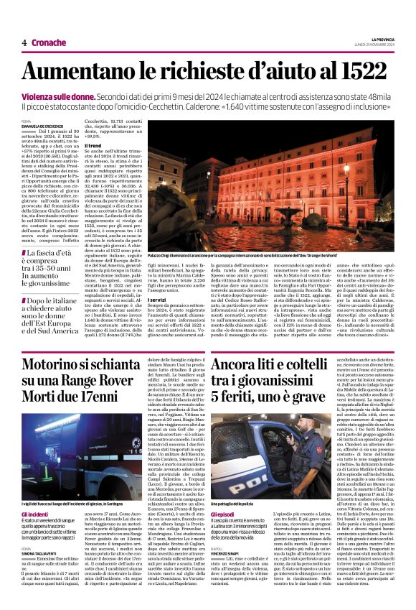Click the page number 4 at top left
(x=24, y=42)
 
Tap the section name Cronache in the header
(x=49, y=42)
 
